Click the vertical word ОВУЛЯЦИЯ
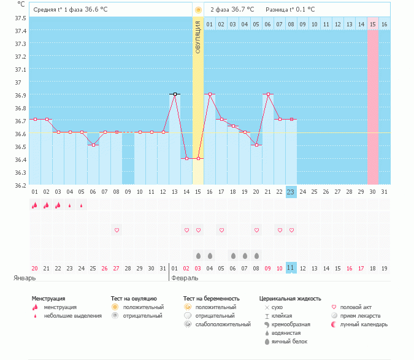coord(197,37)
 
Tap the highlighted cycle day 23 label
coord(291,192)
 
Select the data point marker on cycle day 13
coord(175,94)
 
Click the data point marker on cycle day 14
coord(186,158)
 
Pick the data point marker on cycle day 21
coord(267,94)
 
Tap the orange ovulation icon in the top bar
coord(197,10)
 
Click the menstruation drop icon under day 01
coord(34,205)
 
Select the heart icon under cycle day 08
coord(117,230)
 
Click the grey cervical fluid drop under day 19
coord(245,255)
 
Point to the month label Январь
coord(25,278)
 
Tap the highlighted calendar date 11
coord(291,268)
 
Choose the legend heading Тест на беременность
coord(211,299)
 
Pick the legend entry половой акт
coord(356,307)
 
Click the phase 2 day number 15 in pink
coord(372,25)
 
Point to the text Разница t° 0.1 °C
coord(290,10)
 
